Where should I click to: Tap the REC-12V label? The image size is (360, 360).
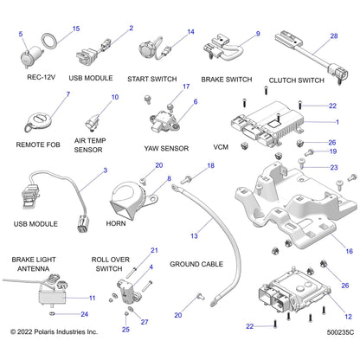pos(42,78)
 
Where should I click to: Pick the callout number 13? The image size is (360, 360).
pos(194,235)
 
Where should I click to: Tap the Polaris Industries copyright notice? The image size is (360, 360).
pos(54,354)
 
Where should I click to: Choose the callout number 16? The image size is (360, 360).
pos(350,251)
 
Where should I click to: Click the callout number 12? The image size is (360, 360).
pos(350,317)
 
